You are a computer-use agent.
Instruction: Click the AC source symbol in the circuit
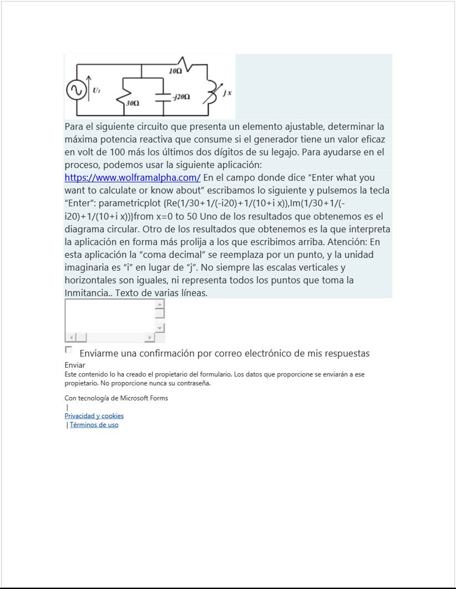(77, 90)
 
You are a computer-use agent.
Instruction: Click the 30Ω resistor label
(132, 103)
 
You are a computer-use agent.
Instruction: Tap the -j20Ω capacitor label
(181, 97)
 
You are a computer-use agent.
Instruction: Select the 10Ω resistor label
(175, 72)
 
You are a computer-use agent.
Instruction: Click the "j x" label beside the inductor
(227, 92)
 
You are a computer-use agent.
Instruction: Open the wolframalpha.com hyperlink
(132, 178)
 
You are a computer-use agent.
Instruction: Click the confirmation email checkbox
(68, 349)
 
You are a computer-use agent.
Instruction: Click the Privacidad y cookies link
(94, 416)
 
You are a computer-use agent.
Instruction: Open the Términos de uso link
(94, 425)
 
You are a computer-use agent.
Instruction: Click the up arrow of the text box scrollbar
(160, 304)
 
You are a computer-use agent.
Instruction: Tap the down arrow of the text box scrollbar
(160, 328)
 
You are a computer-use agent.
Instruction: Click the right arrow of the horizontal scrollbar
(149, 337)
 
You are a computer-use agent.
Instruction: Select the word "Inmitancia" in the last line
(86, 293)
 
